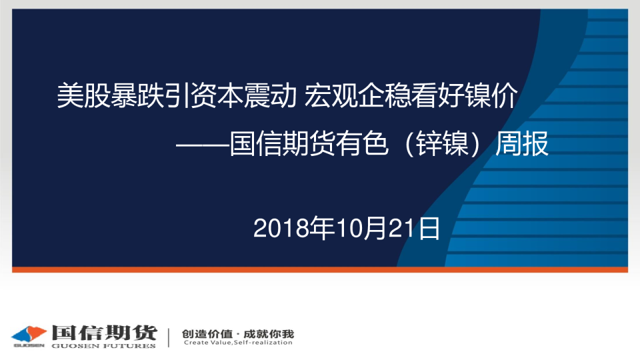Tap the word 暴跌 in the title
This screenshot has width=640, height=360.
(137, 95)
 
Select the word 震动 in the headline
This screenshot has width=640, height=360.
(270, 95)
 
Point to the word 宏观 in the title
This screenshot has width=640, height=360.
(331, 95)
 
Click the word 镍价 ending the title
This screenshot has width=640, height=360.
(491, 95)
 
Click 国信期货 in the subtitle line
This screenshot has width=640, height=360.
(282, 144)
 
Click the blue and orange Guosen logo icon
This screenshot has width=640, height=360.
(29, 335)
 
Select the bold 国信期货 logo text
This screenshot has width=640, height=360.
(104, 333)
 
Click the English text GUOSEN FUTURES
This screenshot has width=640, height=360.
(104, 346)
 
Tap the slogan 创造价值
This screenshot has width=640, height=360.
(207, 334)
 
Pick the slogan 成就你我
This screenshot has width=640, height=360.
(269, 334)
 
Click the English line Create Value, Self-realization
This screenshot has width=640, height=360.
(238, 343)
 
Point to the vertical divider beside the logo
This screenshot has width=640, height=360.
(169, 337)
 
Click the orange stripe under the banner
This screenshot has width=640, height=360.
(320, 269)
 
